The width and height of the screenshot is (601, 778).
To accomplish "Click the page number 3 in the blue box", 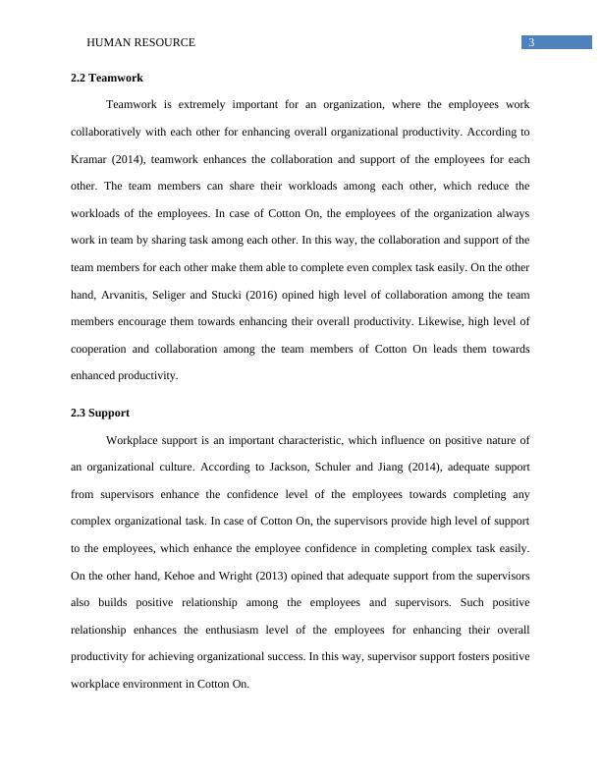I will (531, 42).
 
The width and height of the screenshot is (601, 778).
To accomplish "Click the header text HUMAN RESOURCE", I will (141, 42).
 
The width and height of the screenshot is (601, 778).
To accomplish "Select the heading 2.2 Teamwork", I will (108, 78).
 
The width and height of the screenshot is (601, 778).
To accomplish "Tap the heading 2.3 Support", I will (100, 413).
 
